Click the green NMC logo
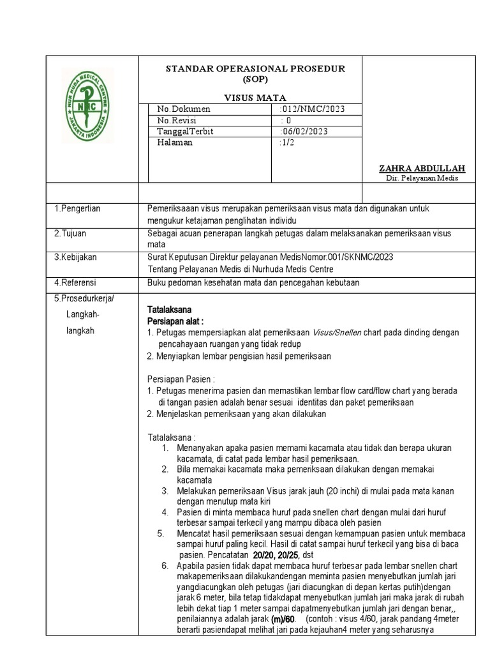(87, 105)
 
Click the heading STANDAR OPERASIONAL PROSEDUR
(255, 68)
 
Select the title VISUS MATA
(255, 97)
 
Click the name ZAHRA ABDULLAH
(422, 168)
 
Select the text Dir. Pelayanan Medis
(422, 178)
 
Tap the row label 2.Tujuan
(70, 233)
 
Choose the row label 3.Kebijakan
(75, 257)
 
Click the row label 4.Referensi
(75, 282)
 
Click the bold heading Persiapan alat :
(175, 321)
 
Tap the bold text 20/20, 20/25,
(282, 556)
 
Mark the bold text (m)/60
(283, 620)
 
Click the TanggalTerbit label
(185, 131)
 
